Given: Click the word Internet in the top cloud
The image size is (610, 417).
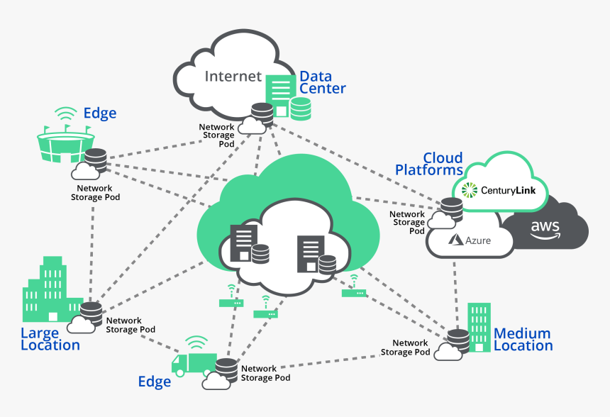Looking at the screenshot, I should tap(233, 76).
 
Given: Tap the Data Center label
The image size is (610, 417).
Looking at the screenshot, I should tap(322, 82).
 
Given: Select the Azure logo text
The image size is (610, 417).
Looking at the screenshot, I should tap(470, 240).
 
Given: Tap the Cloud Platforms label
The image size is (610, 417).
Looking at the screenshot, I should tap(429, 164).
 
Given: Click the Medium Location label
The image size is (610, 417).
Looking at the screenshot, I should tap(523, 340).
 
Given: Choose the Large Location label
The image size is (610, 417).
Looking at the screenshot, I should tap(50, 339).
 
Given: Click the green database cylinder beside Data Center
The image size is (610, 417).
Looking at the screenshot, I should tap(301, 108).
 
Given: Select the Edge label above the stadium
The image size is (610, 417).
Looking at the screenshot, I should tap(99, 113).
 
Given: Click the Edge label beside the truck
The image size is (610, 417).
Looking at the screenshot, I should tap(154, 382).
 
